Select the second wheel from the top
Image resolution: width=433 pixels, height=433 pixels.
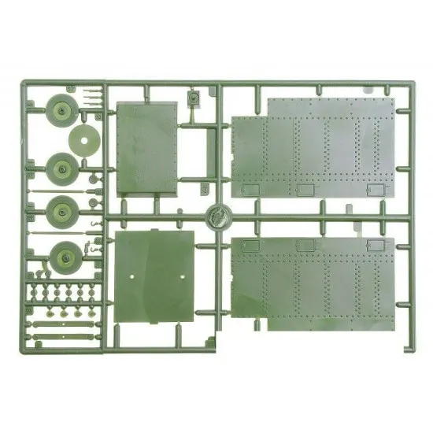(x=61, y=167)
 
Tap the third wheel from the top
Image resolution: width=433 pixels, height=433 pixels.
(x=61, y=210)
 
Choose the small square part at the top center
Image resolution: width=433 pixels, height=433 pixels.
(x=193, y=99)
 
